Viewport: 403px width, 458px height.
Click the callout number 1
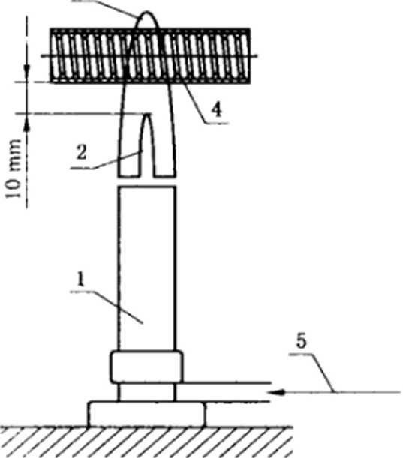click(80, 279)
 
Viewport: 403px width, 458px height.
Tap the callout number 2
click(82, 152)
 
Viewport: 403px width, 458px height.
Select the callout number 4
click(216, 110)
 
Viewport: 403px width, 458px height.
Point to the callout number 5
click(301, 340)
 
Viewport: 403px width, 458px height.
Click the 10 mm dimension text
click(14, 169)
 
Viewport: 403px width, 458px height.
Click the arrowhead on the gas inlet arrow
click(277, 392)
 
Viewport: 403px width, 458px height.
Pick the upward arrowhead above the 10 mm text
click(27, 121)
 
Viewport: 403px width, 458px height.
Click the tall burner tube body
click(147, 268)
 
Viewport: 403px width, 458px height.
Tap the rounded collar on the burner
click(147, 367)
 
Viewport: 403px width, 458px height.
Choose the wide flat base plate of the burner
click(147, 414)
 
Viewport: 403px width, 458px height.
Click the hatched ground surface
click(146, 442)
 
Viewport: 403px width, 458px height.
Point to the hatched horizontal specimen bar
click(150, 55)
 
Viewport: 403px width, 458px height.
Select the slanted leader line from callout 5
click(322, 373)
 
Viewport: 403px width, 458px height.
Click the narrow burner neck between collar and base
click(147, 392)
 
